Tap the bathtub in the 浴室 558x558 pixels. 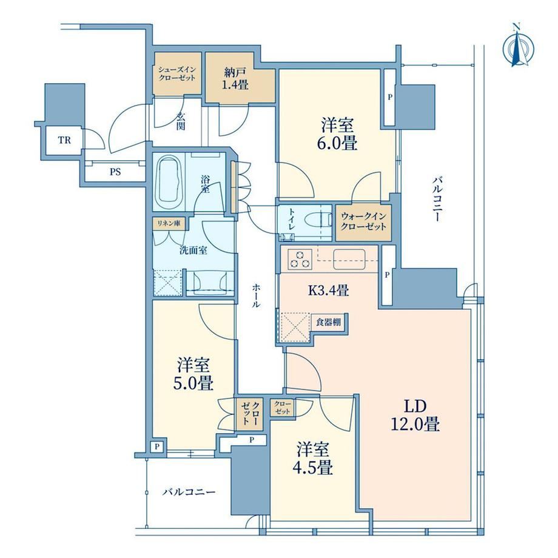[x=169, y=183]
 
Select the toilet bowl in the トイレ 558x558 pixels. [x=318, y=221]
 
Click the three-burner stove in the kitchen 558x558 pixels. [x=300, y=259]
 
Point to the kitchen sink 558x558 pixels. [x=349, y=259]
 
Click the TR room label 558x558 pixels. [x=64, y=140]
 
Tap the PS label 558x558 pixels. [x=115, y=172]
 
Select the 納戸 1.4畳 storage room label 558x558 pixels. [x=235, y=79]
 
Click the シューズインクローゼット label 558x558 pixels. [x=177, y=74]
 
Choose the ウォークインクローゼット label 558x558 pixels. [x=363, y=222]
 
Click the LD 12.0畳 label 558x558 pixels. [x=415, y=415]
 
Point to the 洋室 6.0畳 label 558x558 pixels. [x=337, y=135]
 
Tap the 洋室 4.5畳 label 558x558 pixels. [x=313, y=459]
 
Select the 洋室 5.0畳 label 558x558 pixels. [x=193, y=374]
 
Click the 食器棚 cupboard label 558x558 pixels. [x=329, y=323]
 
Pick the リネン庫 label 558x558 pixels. [x=169, y=223]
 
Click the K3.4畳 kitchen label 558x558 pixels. [x=328, y=291]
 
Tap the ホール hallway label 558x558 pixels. [x=256, y=295]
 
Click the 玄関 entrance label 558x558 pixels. [x=181, y=121]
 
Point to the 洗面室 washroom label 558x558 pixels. [x=193, y=250]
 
